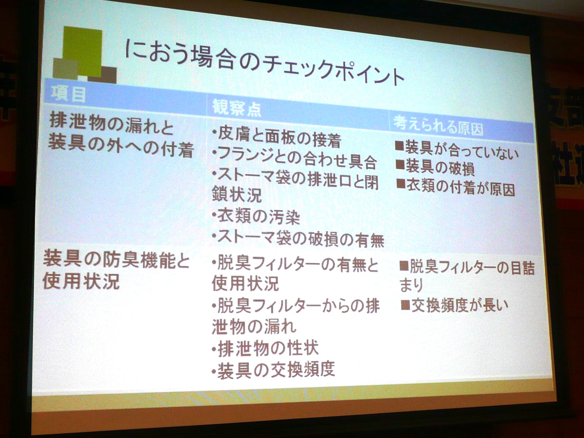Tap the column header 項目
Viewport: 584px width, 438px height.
click(x=68, y=94)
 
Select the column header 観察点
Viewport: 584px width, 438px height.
click(x=236, y=108)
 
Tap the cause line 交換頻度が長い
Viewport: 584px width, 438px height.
click(x=454, y=306)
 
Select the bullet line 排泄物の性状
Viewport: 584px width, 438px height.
click(x=265, y=348)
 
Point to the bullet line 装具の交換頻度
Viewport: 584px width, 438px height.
click(x=273, y=370)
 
